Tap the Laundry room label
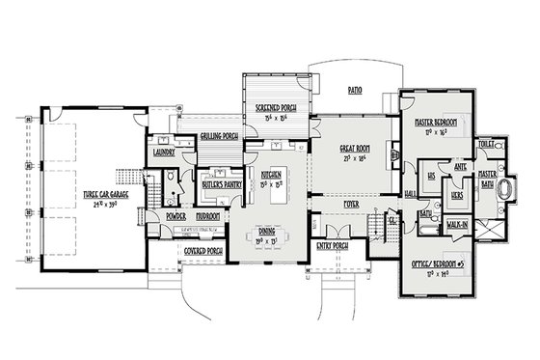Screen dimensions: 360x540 [x=163, y=152]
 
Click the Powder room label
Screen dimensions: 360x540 [x=175, y=217]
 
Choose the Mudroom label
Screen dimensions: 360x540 [x=208, y=217]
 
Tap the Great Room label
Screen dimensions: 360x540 [x=356, y=150]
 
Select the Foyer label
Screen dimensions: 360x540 [x=352, y=205]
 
